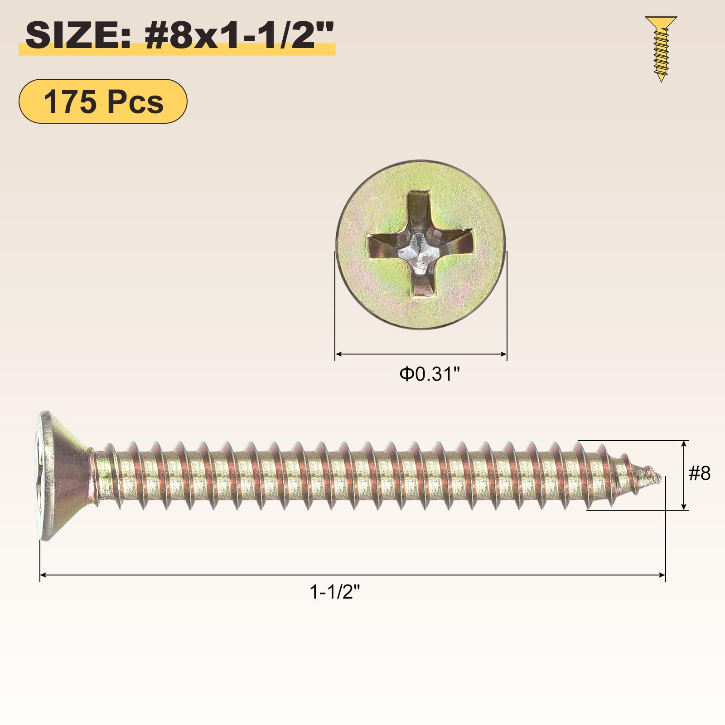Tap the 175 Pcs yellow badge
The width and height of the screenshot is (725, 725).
103,101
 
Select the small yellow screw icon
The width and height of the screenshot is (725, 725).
661,48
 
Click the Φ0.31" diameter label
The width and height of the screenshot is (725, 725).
430,374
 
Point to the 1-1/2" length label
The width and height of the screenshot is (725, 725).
334,592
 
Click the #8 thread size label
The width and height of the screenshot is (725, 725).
700,474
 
